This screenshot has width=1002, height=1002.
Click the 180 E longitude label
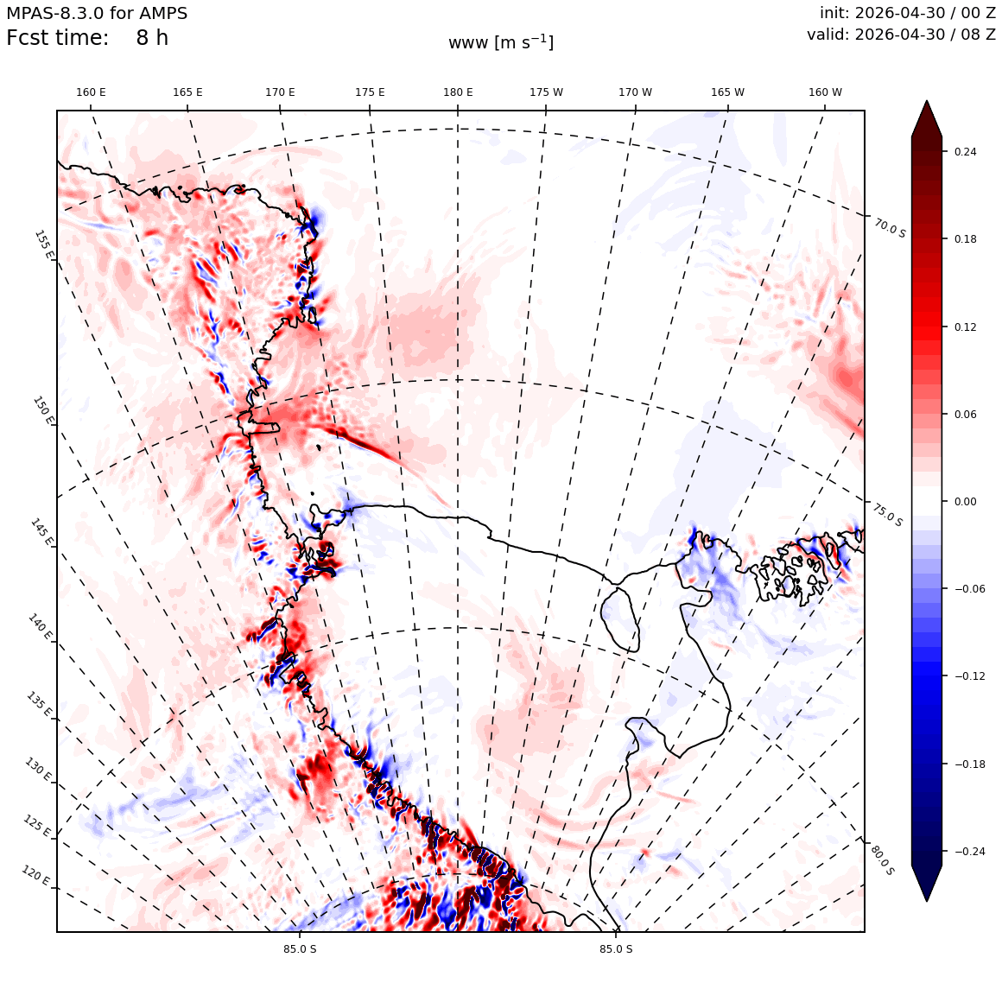click(x=458, y=92)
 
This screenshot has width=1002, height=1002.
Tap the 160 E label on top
click(x=91, y=92)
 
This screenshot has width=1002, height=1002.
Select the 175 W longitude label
click(x=547, y=92)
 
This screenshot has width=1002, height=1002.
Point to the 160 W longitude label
click(x=825, y=92)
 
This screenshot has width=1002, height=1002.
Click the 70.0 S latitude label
click(x=890, y=227)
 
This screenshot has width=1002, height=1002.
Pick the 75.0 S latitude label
click(x=888, y=515)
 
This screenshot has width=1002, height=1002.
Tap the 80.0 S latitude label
click(x=883, y=860)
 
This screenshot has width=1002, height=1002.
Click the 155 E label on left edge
click(x=43, y=244)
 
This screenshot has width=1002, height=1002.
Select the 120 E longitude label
click(x=35, y=875)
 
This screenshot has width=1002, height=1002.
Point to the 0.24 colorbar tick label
click(x=965, y=151)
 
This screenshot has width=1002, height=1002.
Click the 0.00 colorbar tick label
click(x=965, y=501)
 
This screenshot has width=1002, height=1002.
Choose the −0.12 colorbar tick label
click(x=969, y=676)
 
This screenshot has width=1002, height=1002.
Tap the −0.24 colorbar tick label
click(x=969, y=851)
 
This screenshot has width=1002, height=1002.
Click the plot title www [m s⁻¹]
click(x=501, y=43)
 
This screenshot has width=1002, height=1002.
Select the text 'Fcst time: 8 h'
click(x=87, y=38)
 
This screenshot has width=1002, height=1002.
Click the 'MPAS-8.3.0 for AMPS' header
click(x=97, y=14)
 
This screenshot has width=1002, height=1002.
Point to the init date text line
click(x=908, y=13)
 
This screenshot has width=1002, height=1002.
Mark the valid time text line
click(x=901, y=35)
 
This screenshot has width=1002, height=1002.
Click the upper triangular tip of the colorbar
click(x=927, y=101)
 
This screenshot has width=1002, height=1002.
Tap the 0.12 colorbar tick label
click(x=965, y=327)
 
